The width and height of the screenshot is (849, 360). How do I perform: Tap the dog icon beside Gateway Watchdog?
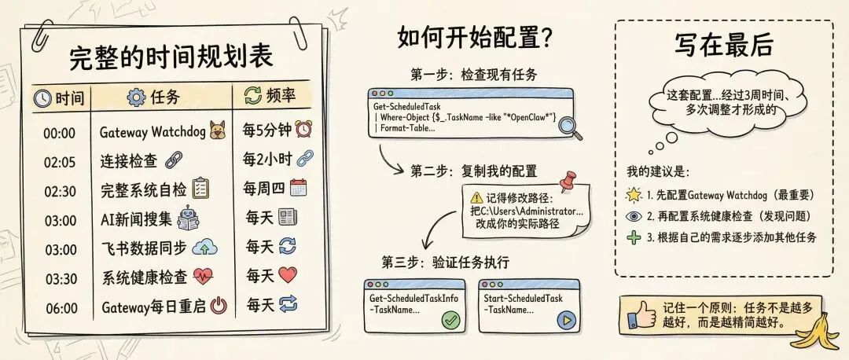point(217,132)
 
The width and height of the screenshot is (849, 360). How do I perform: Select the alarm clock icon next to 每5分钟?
point(303,128)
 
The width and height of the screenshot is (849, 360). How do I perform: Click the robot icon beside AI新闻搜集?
point(188,218)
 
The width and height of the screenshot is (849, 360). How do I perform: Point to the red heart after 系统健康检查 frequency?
point(288,276)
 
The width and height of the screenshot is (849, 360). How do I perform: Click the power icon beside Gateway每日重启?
point(219,306)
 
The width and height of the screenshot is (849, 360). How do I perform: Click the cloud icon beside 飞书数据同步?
point(204,248)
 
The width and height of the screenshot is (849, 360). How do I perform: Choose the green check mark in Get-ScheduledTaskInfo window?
point(450,320)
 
